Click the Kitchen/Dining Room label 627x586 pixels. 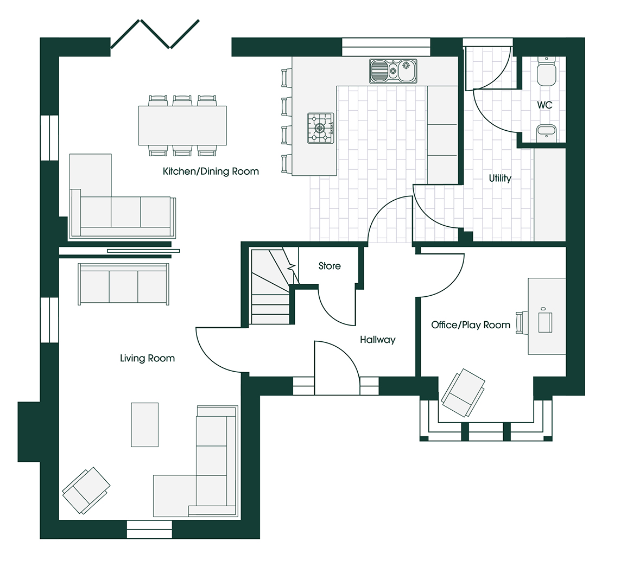click(211, 171)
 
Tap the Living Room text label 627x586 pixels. click(148, 358)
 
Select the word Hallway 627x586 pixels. click(377, 340)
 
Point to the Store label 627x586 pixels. click(330, 266)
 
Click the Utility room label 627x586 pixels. click(500, 178)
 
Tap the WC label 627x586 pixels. click(544, 105)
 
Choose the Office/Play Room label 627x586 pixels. click(471, 325)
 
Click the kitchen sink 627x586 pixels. click(393, 71)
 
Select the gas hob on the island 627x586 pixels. click(320, 128)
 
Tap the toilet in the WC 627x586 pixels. click(546, 71)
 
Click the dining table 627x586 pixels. click(182, 125)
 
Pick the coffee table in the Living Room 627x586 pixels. click(145, 424)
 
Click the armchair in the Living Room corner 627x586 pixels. click(86, 491)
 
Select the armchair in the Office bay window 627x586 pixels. click(463, 392)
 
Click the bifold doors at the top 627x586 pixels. click(155, 34)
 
